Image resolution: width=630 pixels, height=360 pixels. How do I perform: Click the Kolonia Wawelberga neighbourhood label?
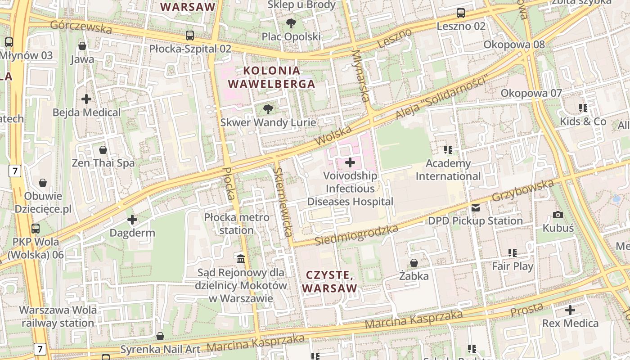271,77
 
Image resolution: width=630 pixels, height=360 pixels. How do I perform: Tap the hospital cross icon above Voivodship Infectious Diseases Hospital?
350,162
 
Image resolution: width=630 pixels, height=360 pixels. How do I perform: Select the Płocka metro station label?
237,224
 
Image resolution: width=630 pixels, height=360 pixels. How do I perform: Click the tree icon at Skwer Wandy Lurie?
268,109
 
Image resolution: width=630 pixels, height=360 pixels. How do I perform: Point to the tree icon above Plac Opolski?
291,23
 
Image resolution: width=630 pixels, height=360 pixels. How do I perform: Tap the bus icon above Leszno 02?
461,13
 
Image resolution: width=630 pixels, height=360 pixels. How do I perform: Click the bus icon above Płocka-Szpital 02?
190,35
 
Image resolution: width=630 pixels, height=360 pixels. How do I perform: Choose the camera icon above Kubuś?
558,215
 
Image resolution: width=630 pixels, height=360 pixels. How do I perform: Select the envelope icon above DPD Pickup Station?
476,208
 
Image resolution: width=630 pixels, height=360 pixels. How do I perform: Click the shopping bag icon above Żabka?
414,263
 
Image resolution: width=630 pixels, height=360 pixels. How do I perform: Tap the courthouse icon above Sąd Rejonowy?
241,259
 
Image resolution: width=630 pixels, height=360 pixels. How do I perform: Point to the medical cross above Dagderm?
132,220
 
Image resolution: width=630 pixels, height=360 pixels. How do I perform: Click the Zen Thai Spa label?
103,163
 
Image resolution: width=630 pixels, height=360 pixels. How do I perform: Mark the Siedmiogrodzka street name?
356,235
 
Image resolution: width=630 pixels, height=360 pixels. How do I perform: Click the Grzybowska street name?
522,190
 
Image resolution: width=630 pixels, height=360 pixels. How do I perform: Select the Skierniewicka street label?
283,202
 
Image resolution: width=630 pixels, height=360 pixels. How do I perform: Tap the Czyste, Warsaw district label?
329,282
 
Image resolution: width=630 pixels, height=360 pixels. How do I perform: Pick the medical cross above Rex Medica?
570,310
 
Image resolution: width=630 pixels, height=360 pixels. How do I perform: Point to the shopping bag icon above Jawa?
82,46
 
